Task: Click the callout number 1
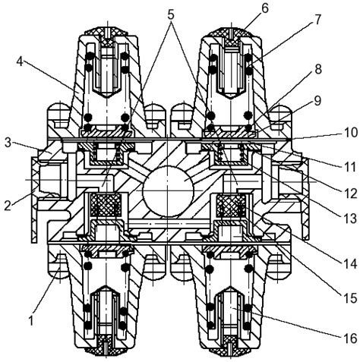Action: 31,321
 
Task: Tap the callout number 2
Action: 8,205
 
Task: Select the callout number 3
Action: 8,143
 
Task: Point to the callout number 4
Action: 21,61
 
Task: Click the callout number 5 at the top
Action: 171,15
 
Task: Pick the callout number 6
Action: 264,8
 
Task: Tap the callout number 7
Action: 317,19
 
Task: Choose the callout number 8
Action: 317,69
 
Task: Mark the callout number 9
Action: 317,100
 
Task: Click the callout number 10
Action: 349,133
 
